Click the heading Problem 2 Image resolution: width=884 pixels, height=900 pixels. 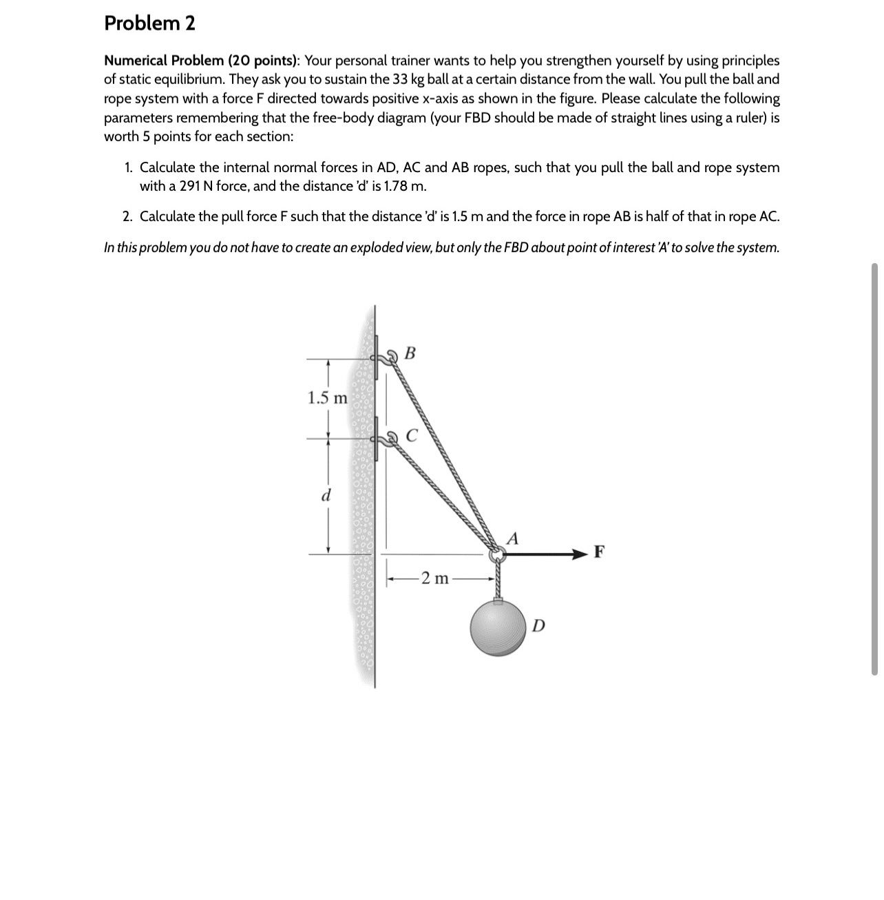click(x=149, y=23)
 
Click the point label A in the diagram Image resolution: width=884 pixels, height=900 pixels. click(x=512, y=537)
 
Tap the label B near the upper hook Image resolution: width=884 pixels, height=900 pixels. click(x=410, y=354)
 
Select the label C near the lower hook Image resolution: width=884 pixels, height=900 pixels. click(x=411, y=435)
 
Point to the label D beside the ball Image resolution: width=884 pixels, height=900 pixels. click(x=538, y=625)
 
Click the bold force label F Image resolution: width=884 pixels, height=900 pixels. click(x=599, y=552)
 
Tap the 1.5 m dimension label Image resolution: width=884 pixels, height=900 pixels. click(x=327, y=398)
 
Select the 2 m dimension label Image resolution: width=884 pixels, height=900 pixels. click(x=434, y=578)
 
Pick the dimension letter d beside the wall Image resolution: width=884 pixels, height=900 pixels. click(x=327, y=494)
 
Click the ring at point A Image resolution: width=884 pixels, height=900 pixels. click(x=495, y=554)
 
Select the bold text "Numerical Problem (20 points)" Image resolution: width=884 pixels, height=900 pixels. click(x=201, y=61)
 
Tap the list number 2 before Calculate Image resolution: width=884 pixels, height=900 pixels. click(x=128, y=217)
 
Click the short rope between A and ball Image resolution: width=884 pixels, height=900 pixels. click(x=496, y=578)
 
